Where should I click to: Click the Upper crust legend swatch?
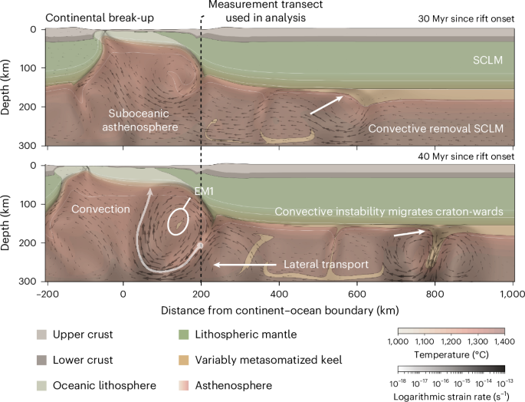41,335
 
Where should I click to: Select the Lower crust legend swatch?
41,359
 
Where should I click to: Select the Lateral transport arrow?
245,265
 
